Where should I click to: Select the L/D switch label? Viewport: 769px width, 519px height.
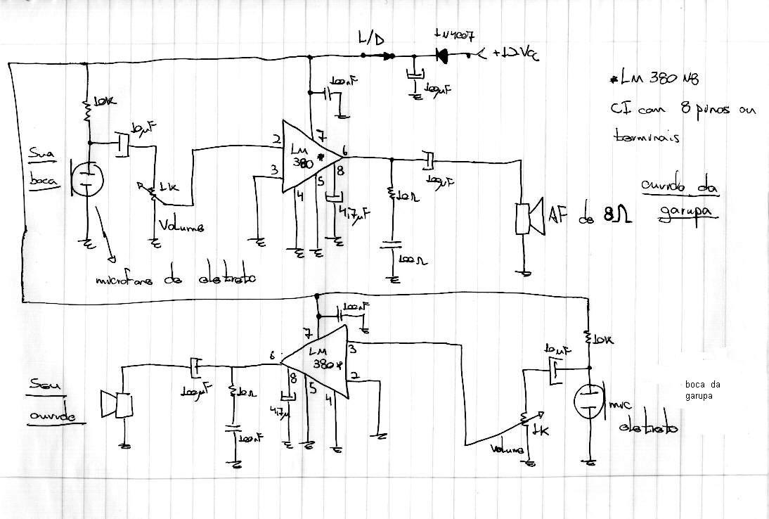[371, 40]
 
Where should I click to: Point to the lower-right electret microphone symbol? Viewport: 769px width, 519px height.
[588, 402]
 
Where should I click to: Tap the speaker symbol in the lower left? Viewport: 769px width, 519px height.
[117, 405]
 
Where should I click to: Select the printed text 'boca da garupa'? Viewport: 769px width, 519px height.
[702, 390]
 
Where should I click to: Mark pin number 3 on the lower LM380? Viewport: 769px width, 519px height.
[351, 348]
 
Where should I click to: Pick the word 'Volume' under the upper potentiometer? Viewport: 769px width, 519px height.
[181, 227]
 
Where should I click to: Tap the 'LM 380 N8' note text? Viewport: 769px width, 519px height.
[659, 81]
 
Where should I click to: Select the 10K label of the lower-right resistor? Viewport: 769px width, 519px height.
[602, 340]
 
